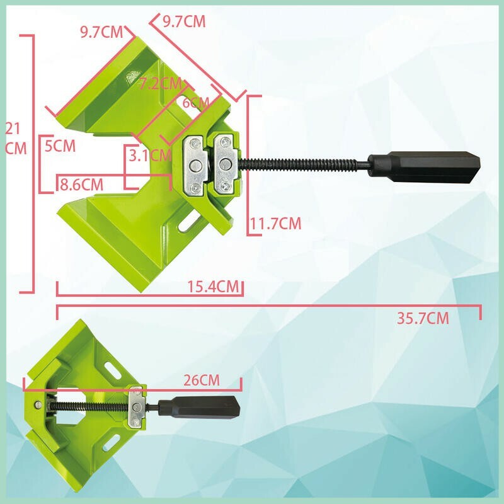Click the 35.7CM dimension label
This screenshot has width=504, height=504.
click(x=423, y=318)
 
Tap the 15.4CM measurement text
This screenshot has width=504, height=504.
click(x=214, y=287)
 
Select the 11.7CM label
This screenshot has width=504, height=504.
click(x=276, y=224)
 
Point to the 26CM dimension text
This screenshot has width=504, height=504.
click(x=202, y=381)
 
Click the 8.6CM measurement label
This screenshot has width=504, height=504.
click(x=82, y=185)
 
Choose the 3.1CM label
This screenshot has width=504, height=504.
click(x=150, y=156)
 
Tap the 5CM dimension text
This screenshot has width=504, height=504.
click(x=60, y=146)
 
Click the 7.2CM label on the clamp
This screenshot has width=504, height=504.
click(x=161, y=84)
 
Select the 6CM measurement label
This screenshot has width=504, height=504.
click(x=196, y=103)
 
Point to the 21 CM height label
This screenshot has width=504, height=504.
click(x=15, y=139)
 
